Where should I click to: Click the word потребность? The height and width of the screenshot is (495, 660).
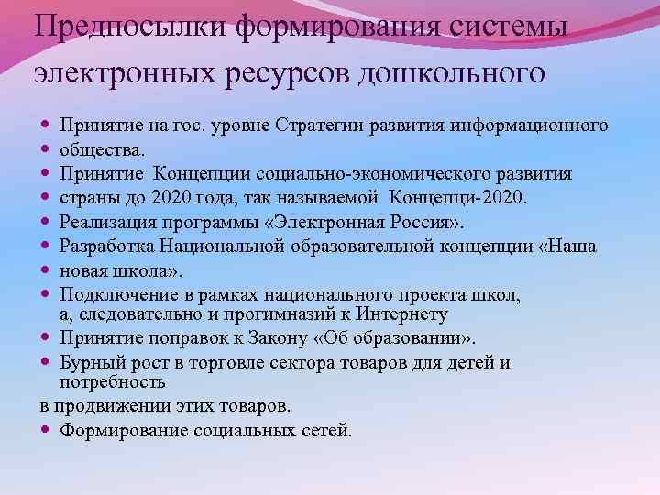pos(113,381)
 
